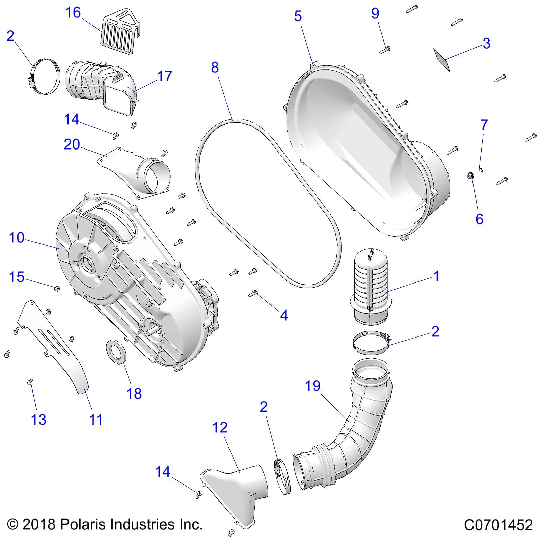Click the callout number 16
pos(73,13)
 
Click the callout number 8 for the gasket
pos(215,67)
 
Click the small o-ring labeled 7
pos(481,169)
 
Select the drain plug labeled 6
pos(469,175)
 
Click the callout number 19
pos(313,386)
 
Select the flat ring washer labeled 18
pos(116,352)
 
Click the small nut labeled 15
pos(57,288)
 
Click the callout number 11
pos(96,420)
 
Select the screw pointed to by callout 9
pos(385,50)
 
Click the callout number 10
pos(17,238)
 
